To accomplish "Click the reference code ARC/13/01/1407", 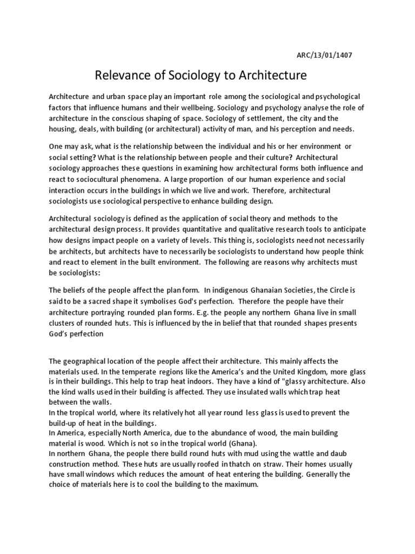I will (x=324, y=55).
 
